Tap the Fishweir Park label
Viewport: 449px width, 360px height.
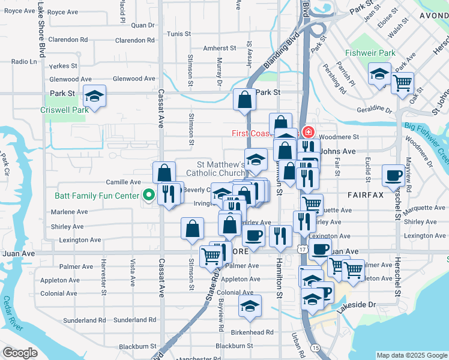[370, 53]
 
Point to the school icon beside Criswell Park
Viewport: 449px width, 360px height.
[94, 96]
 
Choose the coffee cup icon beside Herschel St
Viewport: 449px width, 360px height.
[393, 175]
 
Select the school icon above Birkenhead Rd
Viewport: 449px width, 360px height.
[250, 306]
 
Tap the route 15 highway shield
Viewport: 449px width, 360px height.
[315, 349]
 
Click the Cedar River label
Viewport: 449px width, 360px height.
[12, 314]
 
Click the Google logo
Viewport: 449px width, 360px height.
[20, 353]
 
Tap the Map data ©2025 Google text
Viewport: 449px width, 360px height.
[411, 355]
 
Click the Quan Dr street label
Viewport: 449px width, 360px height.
[143, 25]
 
